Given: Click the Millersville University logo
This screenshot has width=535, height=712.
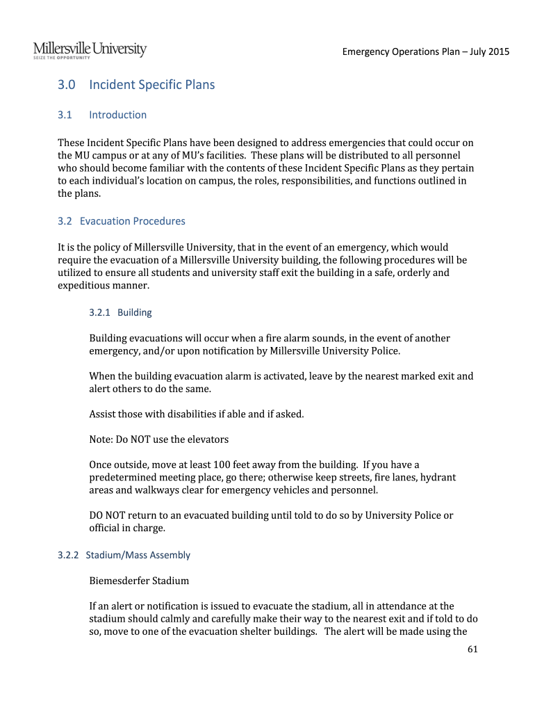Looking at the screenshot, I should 90,49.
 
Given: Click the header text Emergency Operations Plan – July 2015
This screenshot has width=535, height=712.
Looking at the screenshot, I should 425,52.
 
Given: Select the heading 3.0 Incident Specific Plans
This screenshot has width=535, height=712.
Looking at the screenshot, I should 136,85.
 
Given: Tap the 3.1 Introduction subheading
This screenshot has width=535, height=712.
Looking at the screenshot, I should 102,115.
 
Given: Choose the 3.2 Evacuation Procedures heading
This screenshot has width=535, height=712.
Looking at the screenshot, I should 122,221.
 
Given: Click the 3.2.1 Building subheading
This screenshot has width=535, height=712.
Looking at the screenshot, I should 121,312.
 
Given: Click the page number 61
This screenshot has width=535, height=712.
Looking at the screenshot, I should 474,649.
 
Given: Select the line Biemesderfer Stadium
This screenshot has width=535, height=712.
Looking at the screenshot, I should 139,580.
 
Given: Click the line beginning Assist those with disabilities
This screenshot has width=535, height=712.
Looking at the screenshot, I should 197,414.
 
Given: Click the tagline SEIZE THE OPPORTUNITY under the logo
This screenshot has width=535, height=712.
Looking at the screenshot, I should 62,58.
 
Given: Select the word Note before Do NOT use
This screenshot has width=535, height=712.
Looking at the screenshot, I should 101,439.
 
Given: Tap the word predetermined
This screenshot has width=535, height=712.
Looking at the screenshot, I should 125,478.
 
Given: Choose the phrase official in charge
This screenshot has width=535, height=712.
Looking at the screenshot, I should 127,528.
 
